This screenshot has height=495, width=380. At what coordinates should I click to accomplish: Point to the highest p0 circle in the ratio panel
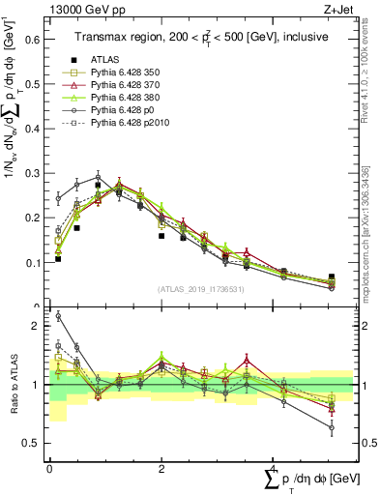tap(58, 315)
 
